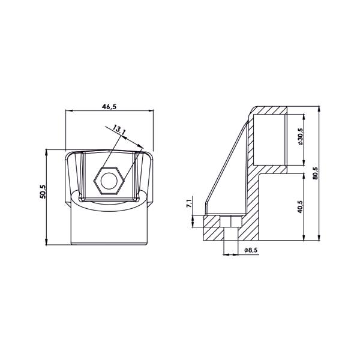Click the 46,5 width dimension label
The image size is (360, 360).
pos(109,107)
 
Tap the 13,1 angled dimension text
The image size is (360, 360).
pos(119,130)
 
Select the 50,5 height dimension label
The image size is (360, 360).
pos(43,191)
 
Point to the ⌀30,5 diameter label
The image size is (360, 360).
pos(301,136)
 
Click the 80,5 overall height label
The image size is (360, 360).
pos(315,173)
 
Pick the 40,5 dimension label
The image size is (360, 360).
pos(301,206)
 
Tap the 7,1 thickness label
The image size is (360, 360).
pos(189,203)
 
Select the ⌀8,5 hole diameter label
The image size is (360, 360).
pos(251,250)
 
